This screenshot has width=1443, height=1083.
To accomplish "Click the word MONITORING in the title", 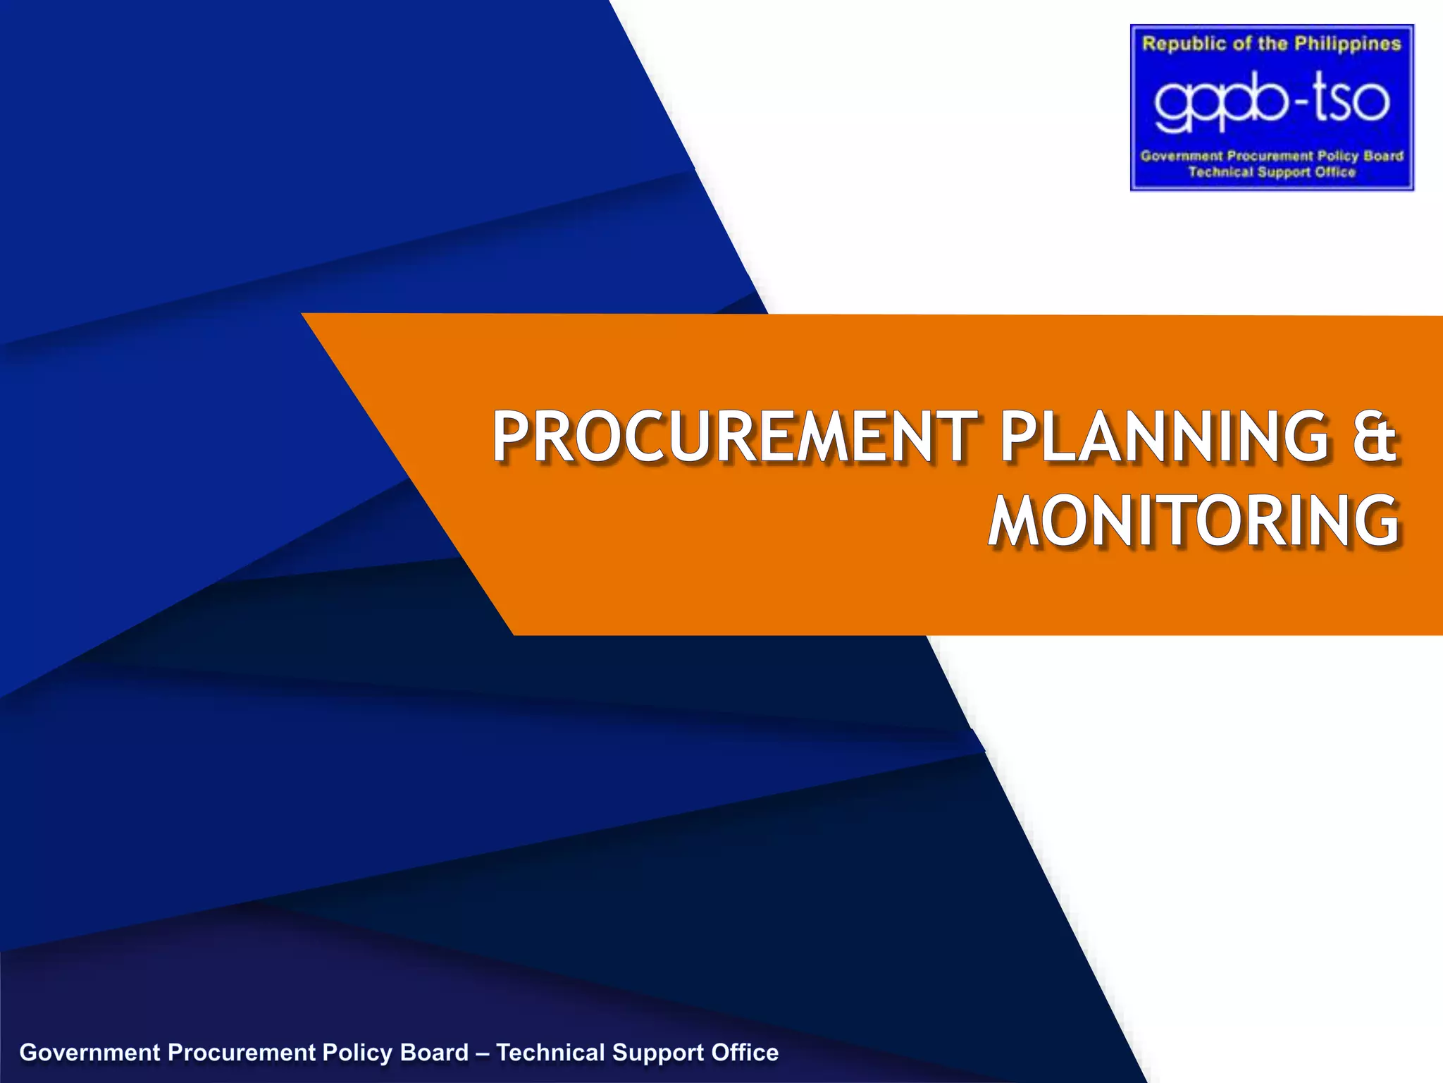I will [x=1194, y=522].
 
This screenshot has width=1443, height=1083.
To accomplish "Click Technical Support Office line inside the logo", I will [x=1272, y=172].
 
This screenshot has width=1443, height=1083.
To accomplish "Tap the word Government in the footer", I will [x=90, y=1053].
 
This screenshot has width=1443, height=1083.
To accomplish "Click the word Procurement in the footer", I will [x=241, y=1053].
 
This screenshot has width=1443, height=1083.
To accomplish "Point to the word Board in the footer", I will [x=434, y=1053].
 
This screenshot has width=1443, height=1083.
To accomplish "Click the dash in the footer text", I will [x=483, y=1053].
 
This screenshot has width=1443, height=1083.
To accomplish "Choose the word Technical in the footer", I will [x=550, y=1053].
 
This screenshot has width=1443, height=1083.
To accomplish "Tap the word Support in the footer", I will [x=657, y=1053].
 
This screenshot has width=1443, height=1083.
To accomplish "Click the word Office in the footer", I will [x=745, y=1053].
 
